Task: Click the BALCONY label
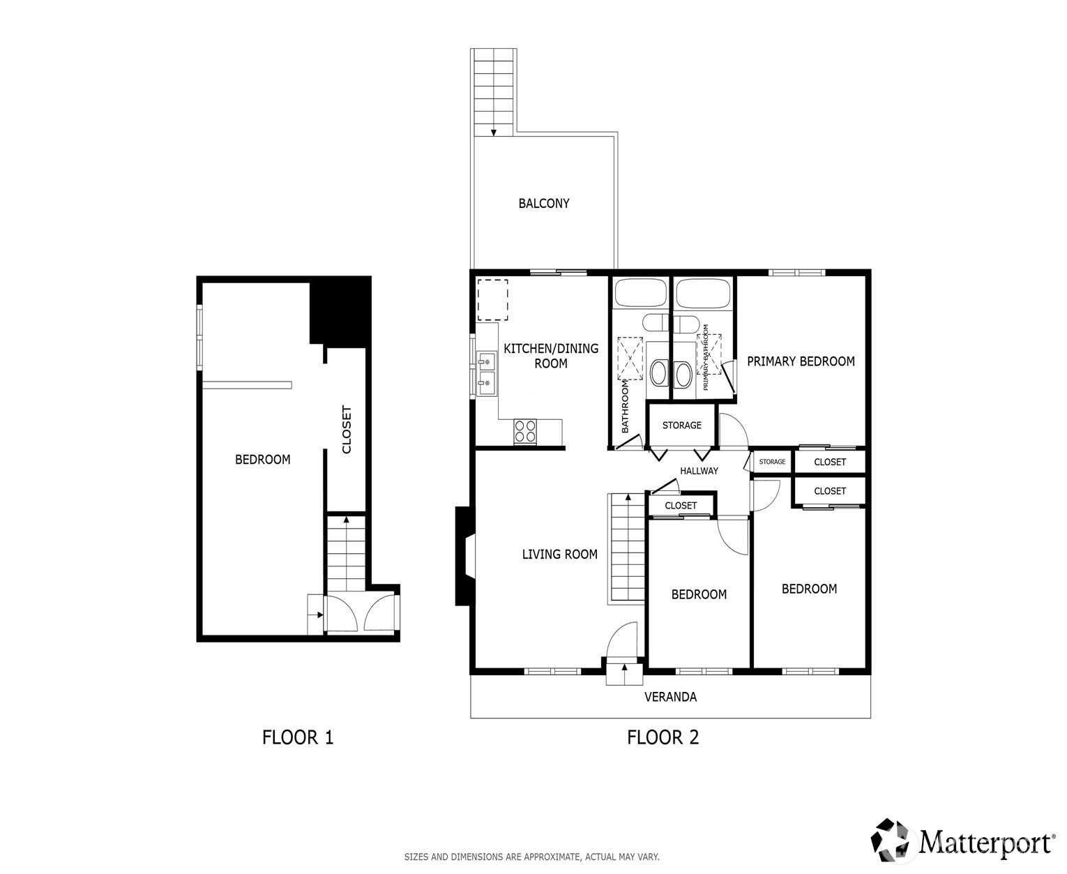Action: pyautogui.click(x=544, y=204)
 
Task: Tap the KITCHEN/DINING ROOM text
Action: pyautogui.click(x=551, y=356)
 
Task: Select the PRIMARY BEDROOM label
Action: pyautogui.click(x=801, y=361)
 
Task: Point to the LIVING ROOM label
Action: pyautogui.click(x=559, y=554)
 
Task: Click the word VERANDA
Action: pyautogui.click(x=670, y=697)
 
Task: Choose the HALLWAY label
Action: pyautogui.click(x=699, y=471)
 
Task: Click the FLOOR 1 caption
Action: pyautogui.click(x=298, y=737)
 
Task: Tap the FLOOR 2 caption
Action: pyautogui.click(x=663, y=737)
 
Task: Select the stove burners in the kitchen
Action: pyautogui.click(x=524, y=431)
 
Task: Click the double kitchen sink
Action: pyautogui.click(x=486, y=374)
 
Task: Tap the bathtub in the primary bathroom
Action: pyautogui.click(x=703, y=294)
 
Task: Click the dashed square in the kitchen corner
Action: pyautogui.click(x=493, y=300)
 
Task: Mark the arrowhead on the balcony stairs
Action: pyautogui.click(x=493, y=133)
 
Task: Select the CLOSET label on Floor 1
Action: pyautogui.click(x=347, y=429)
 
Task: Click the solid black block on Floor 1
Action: pyautogui.click(x=340, y=311)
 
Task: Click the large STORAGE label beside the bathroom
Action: pyautogui.click(x=681, y=425)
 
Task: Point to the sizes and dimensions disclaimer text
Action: pyautogui.click(x=531, y=857)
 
